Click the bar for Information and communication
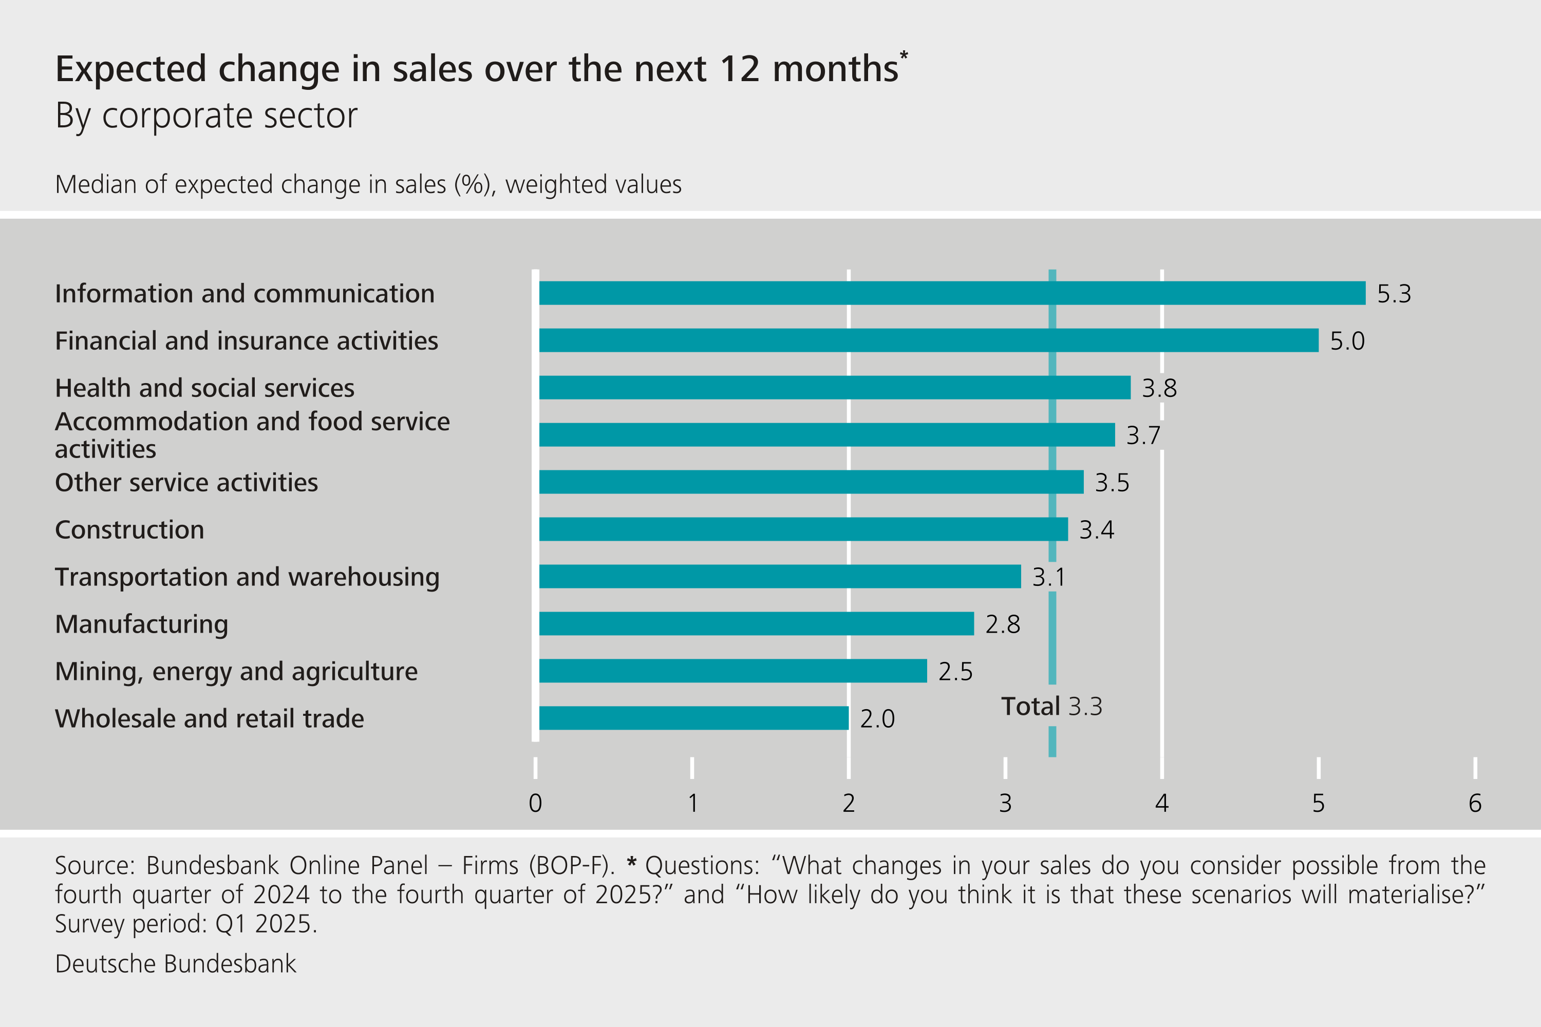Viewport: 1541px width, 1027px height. point(952,293)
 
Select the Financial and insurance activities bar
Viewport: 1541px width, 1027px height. point(928,340)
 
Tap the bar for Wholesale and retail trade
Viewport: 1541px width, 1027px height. point(693,718)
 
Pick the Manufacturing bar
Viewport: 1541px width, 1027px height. point(756,623)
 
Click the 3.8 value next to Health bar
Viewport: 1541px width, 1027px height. point(1159,388)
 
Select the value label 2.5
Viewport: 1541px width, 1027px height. point(955,671)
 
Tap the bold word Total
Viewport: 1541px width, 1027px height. point(1030,706)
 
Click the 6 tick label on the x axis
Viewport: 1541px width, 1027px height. point(1475,803)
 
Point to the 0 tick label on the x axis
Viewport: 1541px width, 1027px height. point(535,803)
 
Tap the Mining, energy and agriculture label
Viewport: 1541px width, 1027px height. point(236,671)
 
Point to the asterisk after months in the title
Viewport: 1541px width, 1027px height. point(904,55)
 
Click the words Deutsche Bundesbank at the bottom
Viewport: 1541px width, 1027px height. point(176,963)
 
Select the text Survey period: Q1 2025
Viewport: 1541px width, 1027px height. point(186,923)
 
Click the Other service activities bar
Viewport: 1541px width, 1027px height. point(811,482)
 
